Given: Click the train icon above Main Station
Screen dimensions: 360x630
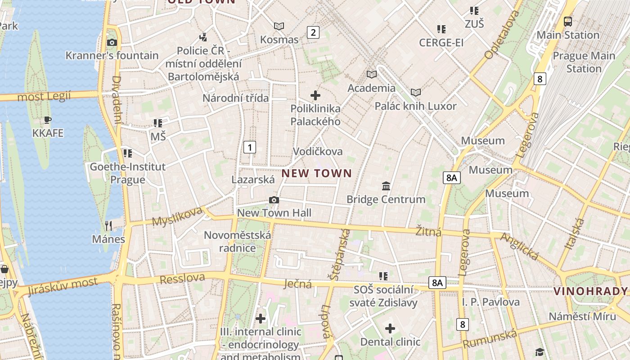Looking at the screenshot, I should [568, 21].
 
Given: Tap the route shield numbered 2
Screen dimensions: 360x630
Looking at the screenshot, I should [313, 32].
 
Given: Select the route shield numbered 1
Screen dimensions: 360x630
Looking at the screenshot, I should [250, 147].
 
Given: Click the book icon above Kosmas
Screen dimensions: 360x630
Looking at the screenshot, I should [279, 27].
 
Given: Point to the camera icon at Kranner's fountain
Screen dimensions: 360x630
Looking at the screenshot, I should [112, 43].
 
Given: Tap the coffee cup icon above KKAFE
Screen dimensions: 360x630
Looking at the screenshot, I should [48, 120].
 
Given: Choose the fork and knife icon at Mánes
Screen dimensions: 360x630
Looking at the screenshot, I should [108, 225].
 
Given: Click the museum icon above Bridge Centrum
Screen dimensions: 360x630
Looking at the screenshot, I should [386, 186].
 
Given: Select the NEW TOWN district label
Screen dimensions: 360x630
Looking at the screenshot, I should [317, 173].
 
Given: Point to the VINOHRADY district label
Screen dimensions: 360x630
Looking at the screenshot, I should [590, 291].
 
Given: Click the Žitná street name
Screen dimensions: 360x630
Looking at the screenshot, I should [428, 231].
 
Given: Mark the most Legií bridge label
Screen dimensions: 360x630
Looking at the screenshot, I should [44, 96].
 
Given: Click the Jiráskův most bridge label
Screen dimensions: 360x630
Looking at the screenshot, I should [63, 287].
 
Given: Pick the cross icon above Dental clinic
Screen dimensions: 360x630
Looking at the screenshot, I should [390, 328].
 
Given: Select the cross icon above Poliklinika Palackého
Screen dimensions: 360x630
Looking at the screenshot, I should [315, 95].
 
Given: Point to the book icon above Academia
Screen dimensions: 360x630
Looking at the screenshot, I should [371, 74].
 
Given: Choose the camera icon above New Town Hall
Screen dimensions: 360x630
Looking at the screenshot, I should [274, 200].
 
